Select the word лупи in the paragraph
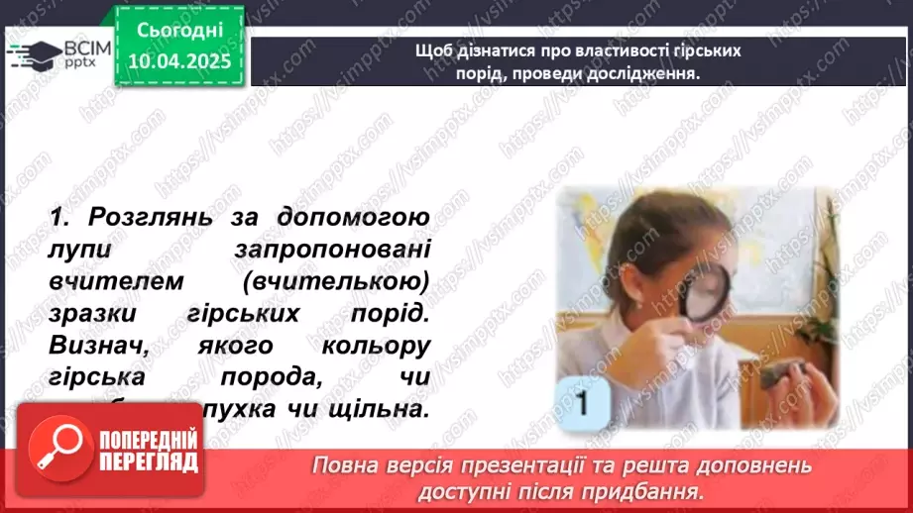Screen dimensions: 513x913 (74, 250)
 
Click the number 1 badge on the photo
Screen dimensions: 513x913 (586, 403)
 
